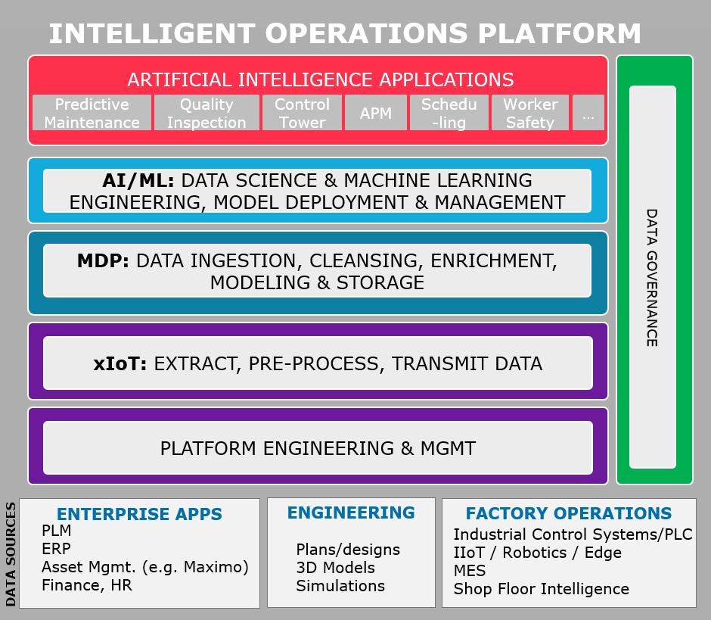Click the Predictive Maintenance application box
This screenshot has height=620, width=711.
coord(92,113)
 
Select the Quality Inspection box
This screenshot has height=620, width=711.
coord(206,113)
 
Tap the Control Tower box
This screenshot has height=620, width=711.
coord(302,113)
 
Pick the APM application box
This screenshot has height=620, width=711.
coord(376,114)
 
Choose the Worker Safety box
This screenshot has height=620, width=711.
coord(529,113)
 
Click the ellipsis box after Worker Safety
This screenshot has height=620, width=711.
coord(588,113)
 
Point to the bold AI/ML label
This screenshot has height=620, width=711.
coord(138,181)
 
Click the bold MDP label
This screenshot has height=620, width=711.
coord(103,261)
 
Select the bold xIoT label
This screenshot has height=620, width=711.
coord(120,364)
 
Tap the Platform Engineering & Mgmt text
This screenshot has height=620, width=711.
coord(318,448)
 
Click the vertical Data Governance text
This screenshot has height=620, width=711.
coord(651,277)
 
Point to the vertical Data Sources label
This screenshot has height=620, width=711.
coord(11,553)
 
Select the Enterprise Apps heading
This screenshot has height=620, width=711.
coord(139,515)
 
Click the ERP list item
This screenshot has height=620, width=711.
coord(56,549)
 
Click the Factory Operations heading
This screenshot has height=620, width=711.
coord(569,514)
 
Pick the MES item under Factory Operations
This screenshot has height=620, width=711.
coord(470,571)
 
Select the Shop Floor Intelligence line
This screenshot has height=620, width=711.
coord(541,589)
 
